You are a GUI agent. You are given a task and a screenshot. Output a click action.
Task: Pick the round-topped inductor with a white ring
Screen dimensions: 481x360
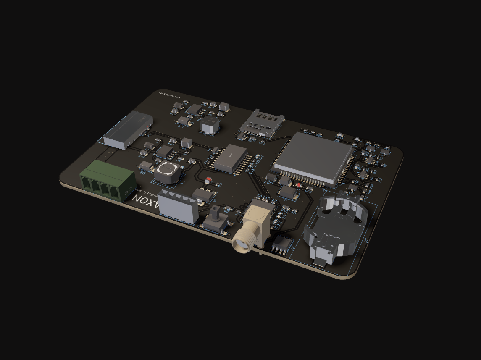(166, 171)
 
